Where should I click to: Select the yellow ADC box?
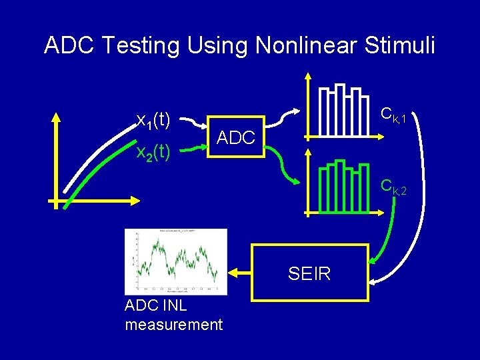point(236,138)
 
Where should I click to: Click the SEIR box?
point(310,273)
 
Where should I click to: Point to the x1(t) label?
point(154,120)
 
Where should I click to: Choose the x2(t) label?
point(154,153)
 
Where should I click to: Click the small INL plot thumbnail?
point(176,261)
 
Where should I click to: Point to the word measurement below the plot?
point(173,325)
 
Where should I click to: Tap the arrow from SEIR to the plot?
point(240,273)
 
